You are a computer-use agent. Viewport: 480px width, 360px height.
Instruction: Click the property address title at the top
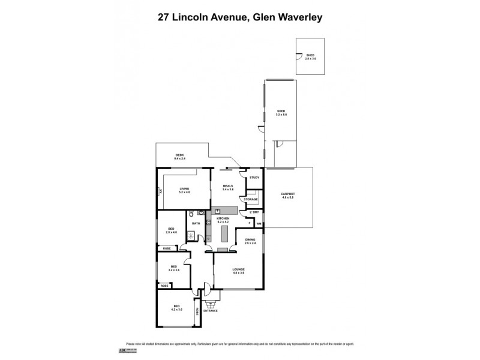[x=240, y=17]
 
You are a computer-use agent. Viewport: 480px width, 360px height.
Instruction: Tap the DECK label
[x=179, y=155]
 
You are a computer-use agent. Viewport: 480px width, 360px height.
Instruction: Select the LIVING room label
[x=184, y=188]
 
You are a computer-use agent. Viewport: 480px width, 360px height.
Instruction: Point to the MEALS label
[x=227, y=185]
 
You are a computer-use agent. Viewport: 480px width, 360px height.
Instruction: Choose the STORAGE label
[x=251, y=199]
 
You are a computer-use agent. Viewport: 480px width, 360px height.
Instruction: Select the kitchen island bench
[x=226, y=231]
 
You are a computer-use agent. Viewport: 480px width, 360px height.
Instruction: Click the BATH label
[x=196, y=223]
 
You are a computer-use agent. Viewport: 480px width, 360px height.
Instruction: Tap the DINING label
[x=250, y=240]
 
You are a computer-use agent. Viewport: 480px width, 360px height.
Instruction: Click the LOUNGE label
[x=239, y=270]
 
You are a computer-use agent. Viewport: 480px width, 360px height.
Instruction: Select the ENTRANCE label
[x=210, y=311]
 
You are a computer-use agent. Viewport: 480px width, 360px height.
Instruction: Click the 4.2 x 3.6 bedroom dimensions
[x=176, y=310]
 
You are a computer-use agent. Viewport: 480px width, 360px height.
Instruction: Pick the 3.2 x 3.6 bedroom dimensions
[x=174, y=270]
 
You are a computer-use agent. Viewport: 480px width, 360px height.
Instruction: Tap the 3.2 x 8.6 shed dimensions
[x=281, y=114]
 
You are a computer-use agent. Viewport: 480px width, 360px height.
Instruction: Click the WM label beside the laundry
[x=259, y=223]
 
